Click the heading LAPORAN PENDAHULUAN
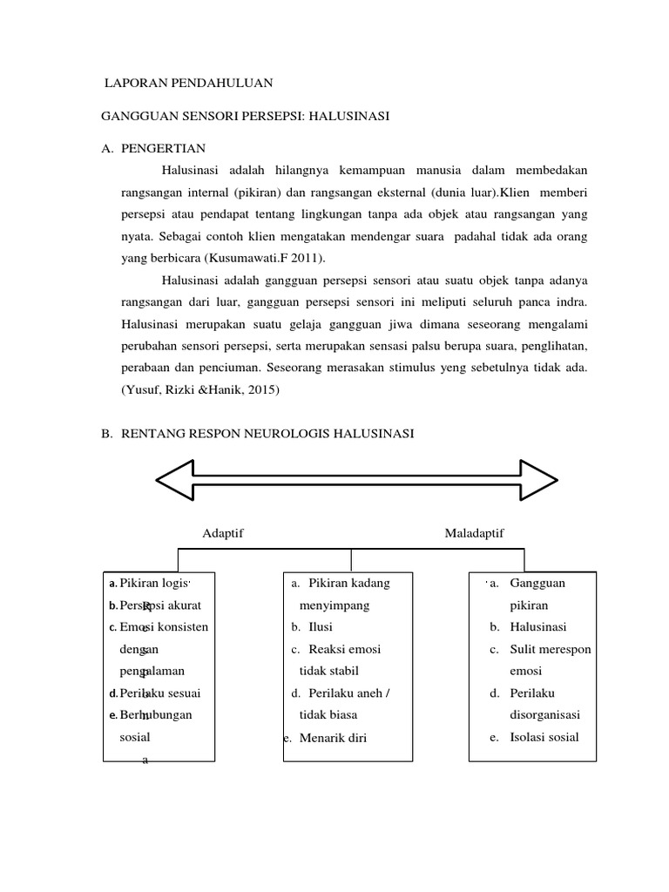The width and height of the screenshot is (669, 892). pos(188,84)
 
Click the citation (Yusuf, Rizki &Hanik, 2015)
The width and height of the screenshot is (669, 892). pos(199,390)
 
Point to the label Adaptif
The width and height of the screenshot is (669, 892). pos(222,532)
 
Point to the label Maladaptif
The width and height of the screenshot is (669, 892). pos(474,532)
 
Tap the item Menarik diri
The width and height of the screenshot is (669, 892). pos(334,738)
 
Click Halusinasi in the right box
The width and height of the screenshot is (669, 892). pos(538,627)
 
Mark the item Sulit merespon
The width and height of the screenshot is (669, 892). pos(551,649)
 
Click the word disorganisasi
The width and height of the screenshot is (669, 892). pos(545,715)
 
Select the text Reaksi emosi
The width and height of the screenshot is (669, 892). pos(345,649)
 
